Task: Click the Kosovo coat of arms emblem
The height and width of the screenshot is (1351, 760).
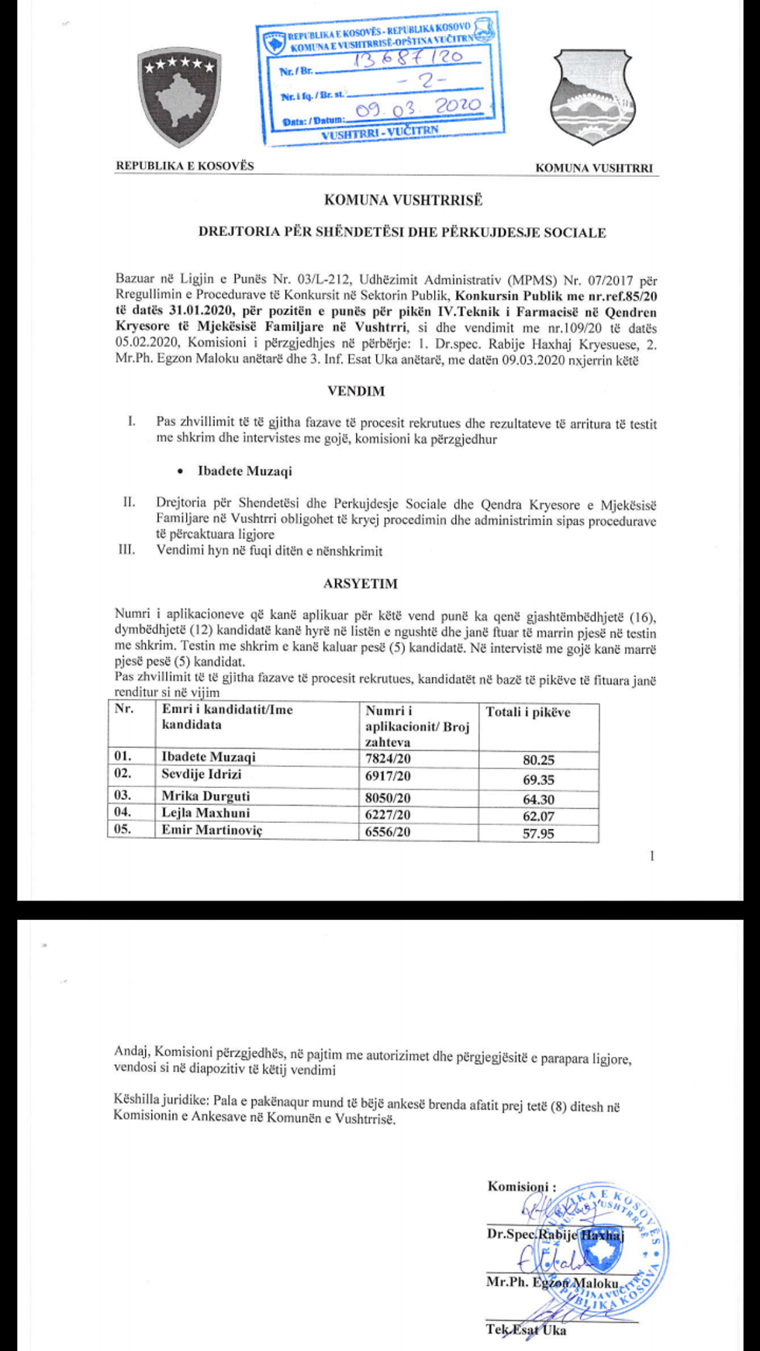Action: pyautogui.click(x=179, y=97)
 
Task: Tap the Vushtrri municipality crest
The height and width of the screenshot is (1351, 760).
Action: pyautogui.click(x=591, y=97)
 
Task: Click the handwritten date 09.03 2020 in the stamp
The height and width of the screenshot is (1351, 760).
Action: pyautogui.click(x=418, y=108)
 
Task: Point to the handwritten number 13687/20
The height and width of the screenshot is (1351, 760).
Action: pyautogui.click(x=408, y=58)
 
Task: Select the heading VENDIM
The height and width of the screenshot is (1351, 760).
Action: pyautogui.click(x=356, y=391)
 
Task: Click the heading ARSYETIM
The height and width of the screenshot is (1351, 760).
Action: pyautogui.click(x=360, y=583)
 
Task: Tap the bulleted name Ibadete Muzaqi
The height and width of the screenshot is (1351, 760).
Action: pyautogui.click(x=244, y=471)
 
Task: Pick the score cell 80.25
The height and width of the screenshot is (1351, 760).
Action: pyautogui.click(x=538, y=760)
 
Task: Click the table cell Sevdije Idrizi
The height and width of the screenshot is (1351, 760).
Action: pyautogui.click(x=202, y=774)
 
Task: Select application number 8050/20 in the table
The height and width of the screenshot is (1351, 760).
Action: pyautogui.click(x=388, y=797)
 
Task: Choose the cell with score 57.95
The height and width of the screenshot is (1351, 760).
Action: pyautogui.click(x=538, y=834)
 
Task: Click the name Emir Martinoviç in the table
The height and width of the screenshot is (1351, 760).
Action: pyautogui.click(x=212, y=830)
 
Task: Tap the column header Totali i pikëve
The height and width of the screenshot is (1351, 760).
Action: pyautogui.click(x=528, y=712)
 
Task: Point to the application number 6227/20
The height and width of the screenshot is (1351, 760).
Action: pyautogui.click(x=388, y=814)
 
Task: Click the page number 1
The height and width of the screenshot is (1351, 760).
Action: pyautogui.click(x=651, y=855)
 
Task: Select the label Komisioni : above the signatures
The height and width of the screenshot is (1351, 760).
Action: pyautogui.click(x=521, y=1186)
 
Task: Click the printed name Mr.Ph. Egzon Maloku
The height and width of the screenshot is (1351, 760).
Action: pyautogui.click(x=551, y=1282)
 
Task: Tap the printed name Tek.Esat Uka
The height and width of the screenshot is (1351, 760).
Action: pyautogui.click(x=526, y=1329)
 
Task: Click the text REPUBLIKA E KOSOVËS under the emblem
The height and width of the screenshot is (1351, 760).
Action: pyautogui.click(x=185, y=165)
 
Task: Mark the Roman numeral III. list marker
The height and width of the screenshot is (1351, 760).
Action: pyautogui.click(x=126, y=550)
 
